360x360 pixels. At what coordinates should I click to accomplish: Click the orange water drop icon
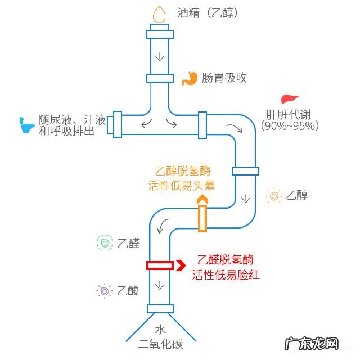coord(160,14)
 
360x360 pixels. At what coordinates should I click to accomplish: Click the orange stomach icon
coord(190,78)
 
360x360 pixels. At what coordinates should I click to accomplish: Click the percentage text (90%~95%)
coord(290,126)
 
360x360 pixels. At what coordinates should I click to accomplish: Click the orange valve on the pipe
coord(202,218)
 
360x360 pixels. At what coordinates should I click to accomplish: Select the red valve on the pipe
coord(160,265)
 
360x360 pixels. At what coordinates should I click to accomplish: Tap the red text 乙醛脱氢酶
coord(225,260)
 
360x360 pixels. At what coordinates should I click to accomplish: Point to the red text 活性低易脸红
coord(225,275)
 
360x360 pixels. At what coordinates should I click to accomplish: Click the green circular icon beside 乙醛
coord(105,243)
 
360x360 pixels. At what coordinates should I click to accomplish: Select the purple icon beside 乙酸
coord(105,291)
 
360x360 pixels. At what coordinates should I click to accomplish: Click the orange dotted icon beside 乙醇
coord(274,196)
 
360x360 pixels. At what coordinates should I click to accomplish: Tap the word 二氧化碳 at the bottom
coord(161,344)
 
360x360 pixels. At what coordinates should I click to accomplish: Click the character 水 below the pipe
coord(161,330)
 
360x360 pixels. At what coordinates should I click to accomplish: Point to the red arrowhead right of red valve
coord(180,265)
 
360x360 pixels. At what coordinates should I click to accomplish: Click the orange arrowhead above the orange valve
coord(202,199)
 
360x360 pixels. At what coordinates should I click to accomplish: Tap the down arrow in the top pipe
coord(160,57)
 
